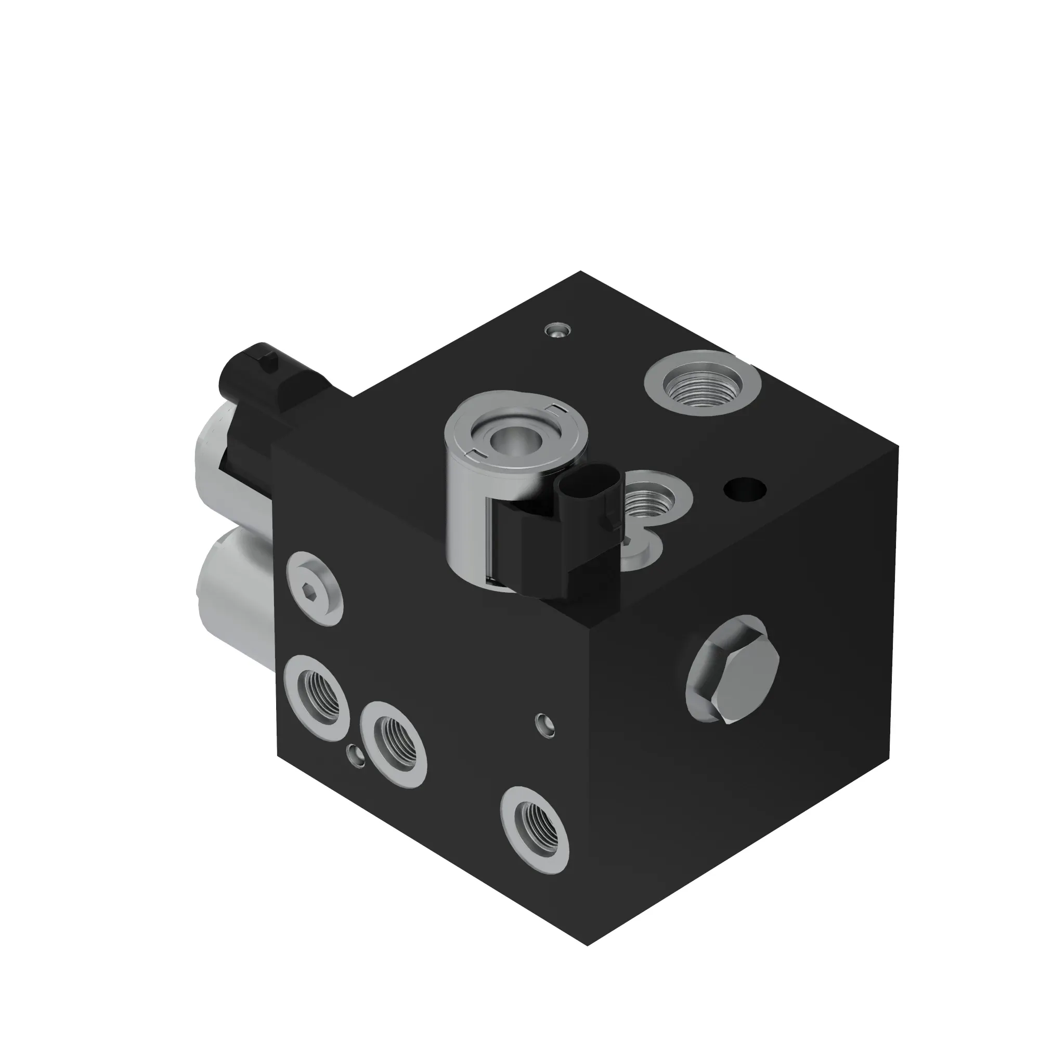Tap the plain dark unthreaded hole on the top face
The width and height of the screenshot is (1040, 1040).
(745, 489)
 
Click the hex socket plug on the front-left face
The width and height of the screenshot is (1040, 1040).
(316, 588)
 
